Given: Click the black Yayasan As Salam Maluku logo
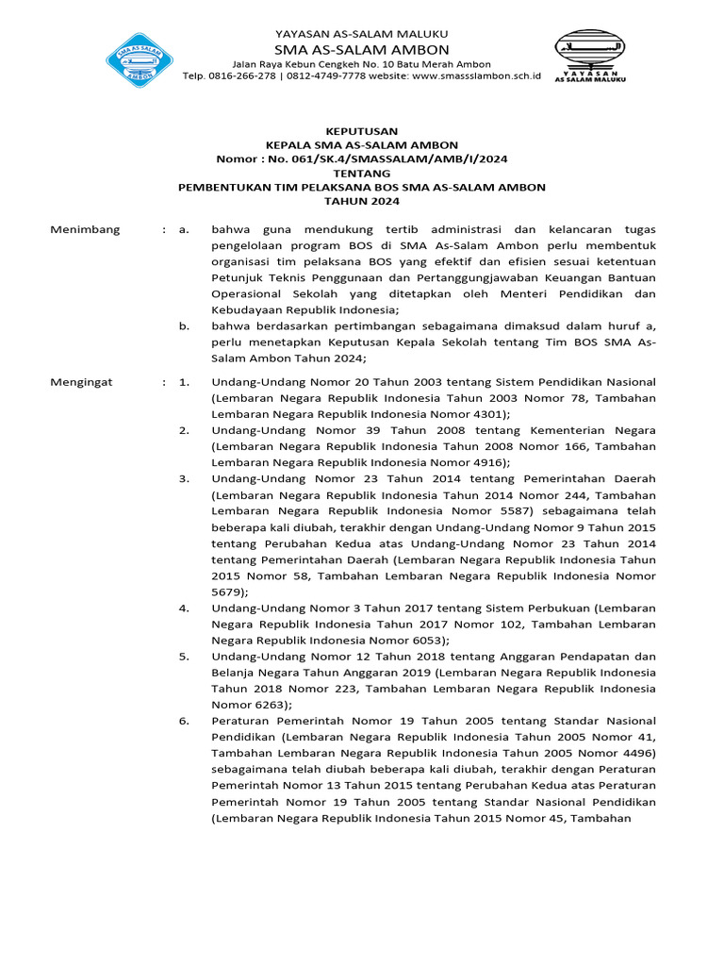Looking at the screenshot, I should tap(587, 57).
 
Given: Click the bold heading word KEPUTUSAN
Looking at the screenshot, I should tap(361, 131).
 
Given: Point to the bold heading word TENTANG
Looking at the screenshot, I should tap(361, 173).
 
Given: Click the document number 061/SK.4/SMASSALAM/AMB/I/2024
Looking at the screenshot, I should tap(387, 158).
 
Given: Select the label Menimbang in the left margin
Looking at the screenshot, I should tap(85, 229).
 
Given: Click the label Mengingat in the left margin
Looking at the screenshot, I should tap(81, 381).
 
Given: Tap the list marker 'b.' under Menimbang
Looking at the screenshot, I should tap(184, 326).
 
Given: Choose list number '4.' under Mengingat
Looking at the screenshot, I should tap(184, 608).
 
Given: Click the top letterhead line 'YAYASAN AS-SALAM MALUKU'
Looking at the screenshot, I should tap(361, 33).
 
